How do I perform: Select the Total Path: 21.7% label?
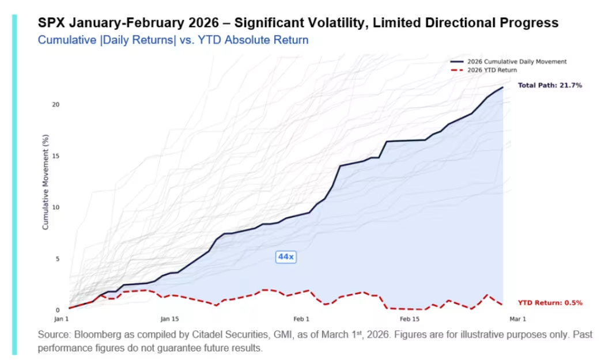click(550, 85)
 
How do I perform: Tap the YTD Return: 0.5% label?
click(550, 302)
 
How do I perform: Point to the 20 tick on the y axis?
click(56, 105)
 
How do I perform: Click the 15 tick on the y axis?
click(56, 156)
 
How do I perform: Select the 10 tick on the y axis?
click(56, 207)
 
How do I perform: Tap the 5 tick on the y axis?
click(57, 259)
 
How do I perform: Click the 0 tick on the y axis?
click(57, 310)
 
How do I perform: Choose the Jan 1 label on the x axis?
click(62, 319)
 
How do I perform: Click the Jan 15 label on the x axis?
click(170, 319)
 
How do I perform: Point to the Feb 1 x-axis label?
click(301, 319)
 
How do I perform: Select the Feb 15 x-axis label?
click(410, 319)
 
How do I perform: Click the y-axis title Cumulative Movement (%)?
click(46, 182)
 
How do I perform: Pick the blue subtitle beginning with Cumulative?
click(173, 40)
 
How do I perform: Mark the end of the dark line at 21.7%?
click(503, 88)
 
